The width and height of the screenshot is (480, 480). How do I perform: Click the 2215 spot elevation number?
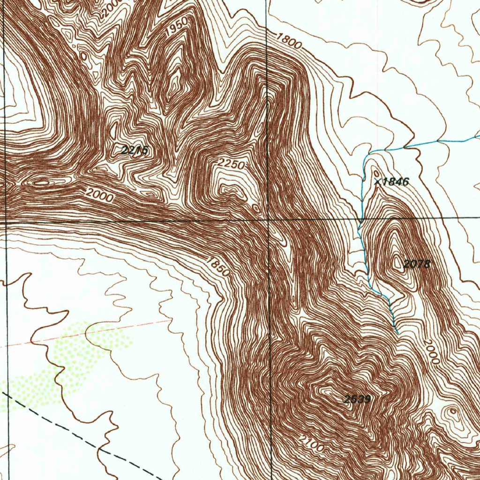tap(135, 150)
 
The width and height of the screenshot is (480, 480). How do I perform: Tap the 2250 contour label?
tap(231, 165)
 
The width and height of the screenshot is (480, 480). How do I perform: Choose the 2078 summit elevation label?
tap(417, 264)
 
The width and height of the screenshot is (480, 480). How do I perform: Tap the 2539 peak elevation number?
tap(358, 399)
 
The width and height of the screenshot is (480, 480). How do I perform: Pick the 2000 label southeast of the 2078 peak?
tap(431, 352)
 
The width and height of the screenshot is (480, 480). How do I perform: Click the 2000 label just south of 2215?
tap(99, 195)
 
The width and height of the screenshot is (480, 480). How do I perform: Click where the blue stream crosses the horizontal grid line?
tap(360, 219)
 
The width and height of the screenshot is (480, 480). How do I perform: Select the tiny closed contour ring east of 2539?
tap(453, 412)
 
